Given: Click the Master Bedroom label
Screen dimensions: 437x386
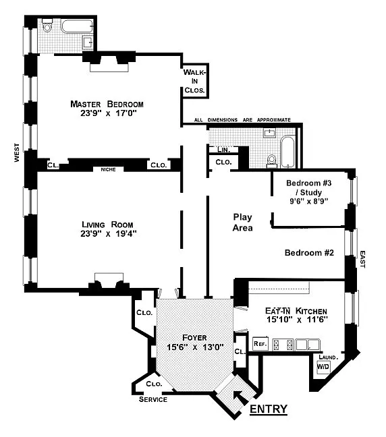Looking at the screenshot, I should click(107, 104).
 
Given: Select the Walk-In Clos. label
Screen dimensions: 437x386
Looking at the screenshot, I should click(195, 80).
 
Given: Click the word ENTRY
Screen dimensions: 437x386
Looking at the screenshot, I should click(269, 409).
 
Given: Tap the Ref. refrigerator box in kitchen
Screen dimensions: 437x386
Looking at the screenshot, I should click(259, 343).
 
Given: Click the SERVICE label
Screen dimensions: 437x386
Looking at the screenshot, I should click(153, 399).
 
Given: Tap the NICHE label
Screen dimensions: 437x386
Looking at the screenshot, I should click(108, 169).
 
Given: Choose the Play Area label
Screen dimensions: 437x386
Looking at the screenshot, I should click(243, 222).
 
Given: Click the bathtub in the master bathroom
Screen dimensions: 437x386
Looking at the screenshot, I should click(76, 27).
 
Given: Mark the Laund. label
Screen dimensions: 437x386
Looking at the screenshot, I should click(327, 357).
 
